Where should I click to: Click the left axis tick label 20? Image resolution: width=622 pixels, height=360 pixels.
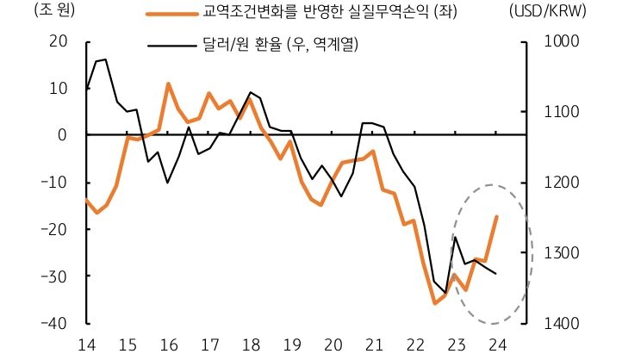pyautogui.click(x=59, y=41)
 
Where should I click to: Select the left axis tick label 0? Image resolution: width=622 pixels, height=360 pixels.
pyautogui.click(x=63, y=135)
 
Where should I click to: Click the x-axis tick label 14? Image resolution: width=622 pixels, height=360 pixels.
pyautogui.click(x=86, y=344)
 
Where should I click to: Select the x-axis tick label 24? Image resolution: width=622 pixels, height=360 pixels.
pyautogui.click(x=496, y=344)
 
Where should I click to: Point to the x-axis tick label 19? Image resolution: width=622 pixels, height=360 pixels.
pyautogui.click(x=291, y=344)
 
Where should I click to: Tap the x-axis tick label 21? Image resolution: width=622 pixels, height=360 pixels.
pyautogui.click(x=373, y=344)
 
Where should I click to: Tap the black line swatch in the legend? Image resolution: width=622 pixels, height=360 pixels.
pyautogui.click(x=171, y=41)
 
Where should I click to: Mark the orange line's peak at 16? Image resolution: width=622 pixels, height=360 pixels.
pyautogui.click(x=168, y=84)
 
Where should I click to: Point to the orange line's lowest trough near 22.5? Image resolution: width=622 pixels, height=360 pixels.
pyautogui.click(x=435, y=303)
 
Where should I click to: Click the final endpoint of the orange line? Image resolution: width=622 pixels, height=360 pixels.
pyautogui.click(x=496, y=217)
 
